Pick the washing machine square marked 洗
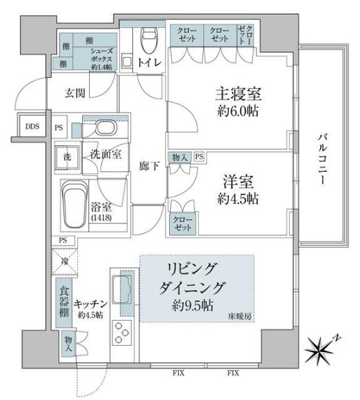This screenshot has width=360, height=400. [68, 158]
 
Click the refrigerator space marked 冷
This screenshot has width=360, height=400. [65, 262]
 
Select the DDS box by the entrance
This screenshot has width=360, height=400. [32, 127]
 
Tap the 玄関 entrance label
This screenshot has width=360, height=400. [76, 93]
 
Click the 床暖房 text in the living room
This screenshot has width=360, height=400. [241, 317]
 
